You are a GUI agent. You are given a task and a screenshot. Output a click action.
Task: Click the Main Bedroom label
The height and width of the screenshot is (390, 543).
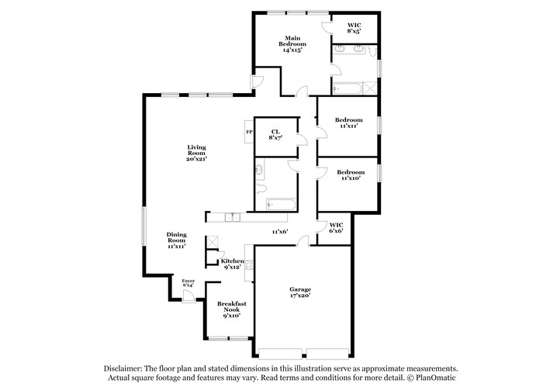tap(292, 43)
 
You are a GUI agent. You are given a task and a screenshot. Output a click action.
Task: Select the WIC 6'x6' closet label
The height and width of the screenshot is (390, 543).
tap(335, 227)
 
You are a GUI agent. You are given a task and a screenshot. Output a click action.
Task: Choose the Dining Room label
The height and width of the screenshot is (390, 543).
tap(176, 240)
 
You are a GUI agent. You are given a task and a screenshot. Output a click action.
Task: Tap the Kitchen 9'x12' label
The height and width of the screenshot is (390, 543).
tap(233, 264)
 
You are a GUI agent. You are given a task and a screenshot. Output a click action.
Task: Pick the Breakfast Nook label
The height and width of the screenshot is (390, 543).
tap(231, 309)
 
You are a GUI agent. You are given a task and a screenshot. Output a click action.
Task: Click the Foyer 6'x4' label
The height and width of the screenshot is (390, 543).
tap(188, 283)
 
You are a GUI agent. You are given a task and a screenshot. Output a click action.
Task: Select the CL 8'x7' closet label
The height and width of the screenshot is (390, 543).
tap(275, 134)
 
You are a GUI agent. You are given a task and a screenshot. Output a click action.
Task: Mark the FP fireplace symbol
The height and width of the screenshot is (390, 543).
tap(249, 133)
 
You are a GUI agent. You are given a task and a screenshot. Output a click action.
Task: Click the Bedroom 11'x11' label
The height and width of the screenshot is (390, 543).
tap(348, 123)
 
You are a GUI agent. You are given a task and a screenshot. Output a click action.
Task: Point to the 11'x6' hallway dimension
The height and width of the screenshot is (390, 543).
tap(279, 231)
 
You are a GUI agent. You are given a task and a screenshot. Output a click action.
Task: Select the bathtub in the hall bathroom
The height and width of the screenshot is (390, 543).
tap(280, 205)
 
